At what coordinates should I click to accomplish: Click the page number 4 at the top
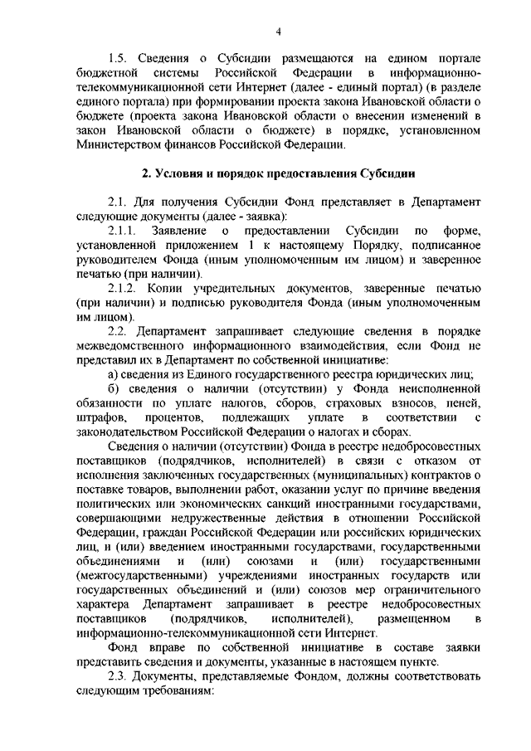(279, 32)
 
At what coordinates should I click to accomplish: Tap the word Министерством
(119, 146)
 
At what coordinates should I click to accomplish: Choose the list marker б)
(114, 392)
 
